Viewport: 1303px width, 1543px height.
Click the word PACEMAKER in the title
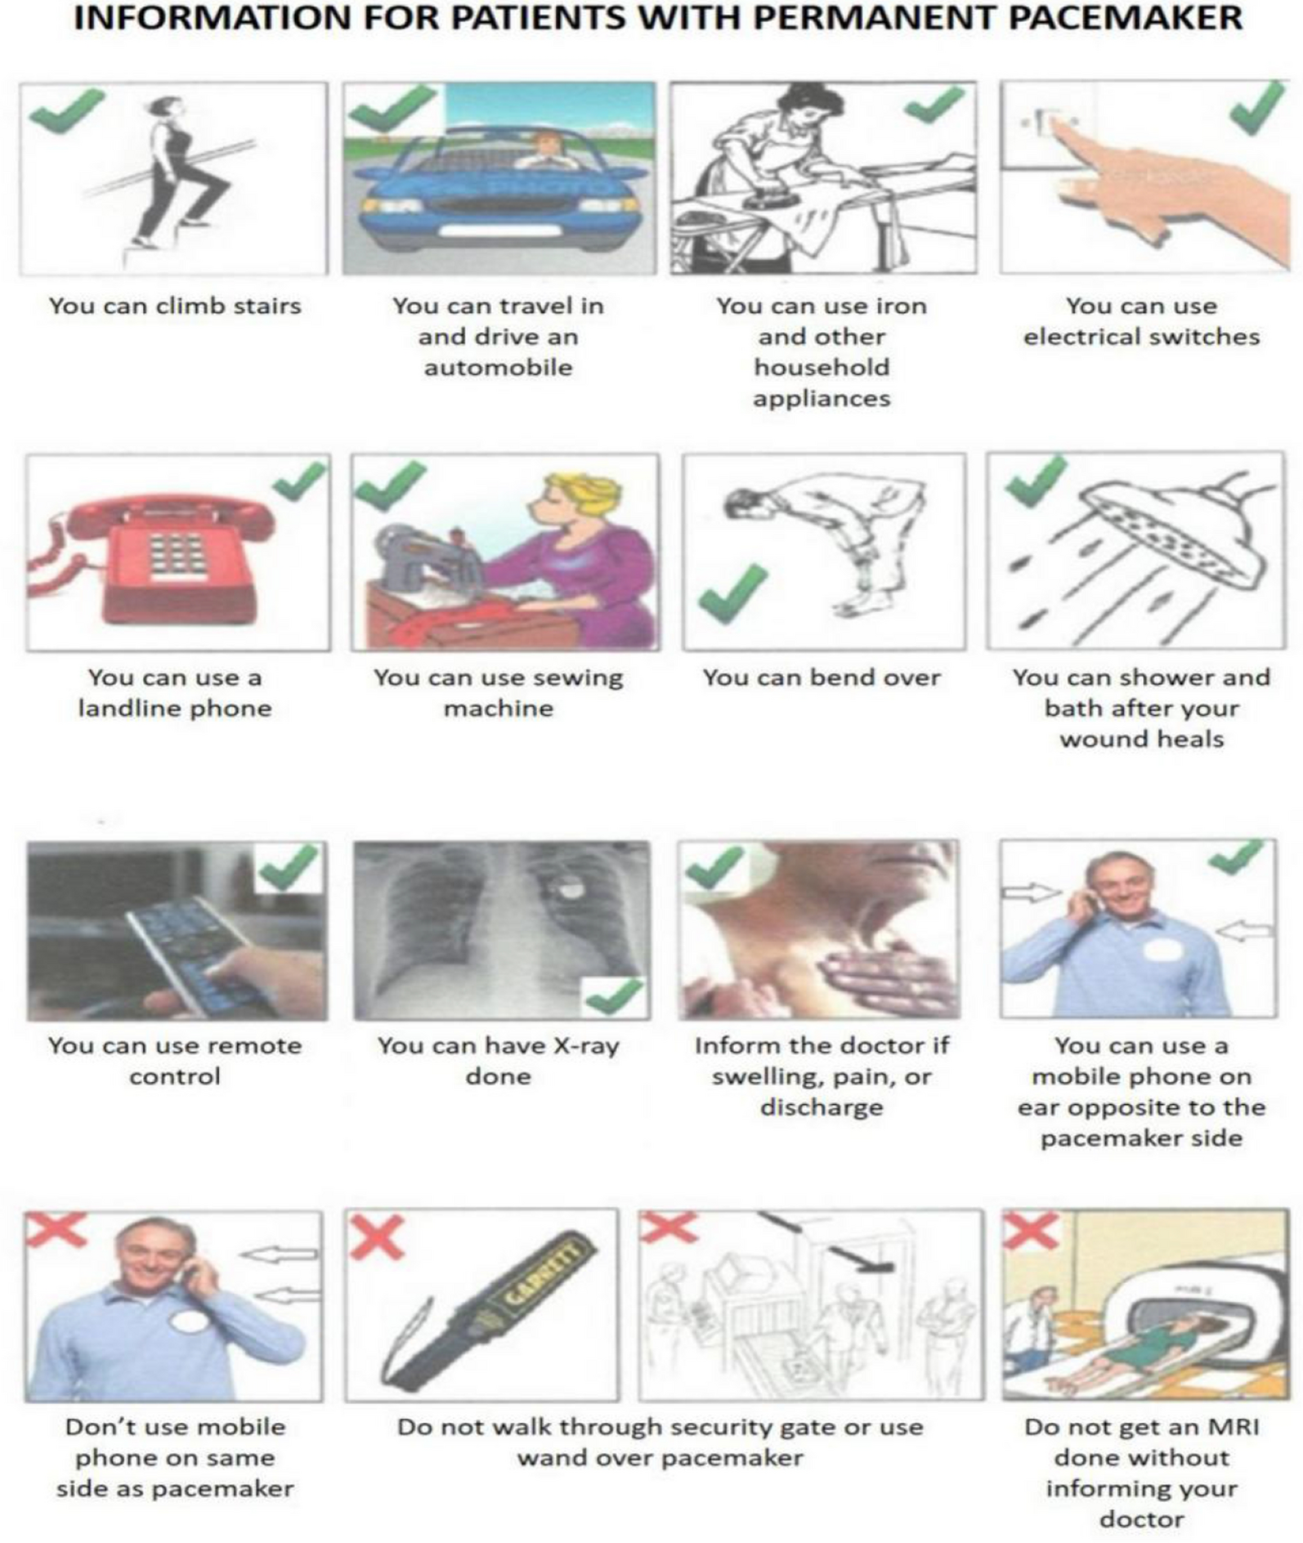pos(1125,18)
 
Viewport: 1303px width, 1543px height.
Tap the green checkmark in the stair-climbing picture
pos(67,111)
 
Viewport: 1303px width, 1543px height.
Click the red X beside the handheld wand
pos(377,1236)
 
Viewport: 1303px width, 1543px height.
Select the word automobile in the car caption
pos(498,367)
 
